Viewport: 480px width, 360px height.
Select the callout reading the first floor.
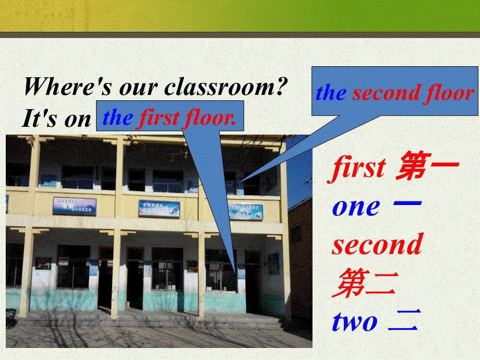coord(170,117)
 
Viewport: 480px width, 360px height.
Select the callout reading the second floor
coord(395,92)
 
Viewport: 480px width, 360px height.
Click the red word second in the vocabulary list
coord(377,244)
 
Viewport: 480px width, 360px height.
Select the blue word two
coord(354,321)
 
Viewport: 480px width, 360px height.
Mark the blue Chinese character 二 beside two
coord(403,321)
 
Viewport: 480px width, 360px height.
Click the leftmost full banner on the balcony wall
coord(74,206)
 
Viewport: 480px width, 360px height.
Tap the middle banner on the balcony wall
coord(159,209)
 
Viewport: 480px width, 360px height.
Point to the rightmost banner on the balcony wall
coord(245,211)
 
